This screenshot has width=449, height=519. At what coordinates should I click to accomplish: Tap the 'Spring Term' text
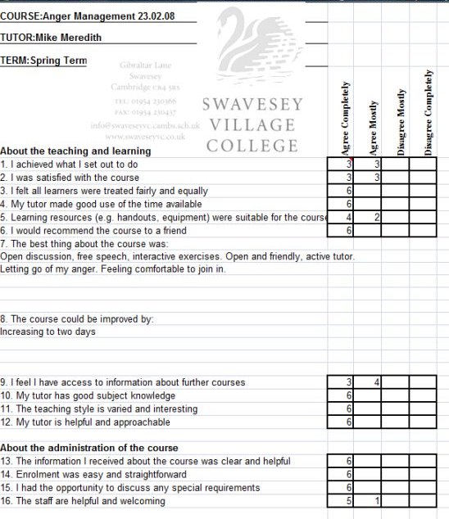(x=58, y=60)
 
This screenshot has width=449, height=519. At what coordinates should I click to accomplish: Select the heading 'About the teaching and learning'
(x=75, y=151)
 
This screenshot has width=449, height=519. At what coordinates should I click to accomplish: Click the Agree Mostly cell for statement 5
(x=368, y=217)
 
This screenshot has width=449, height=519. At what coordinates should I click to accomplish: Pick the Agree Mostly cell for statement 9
(x=368, y=382)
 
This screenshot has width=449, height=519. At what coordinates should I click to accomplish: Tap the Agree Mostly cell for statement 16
(x=368, y=501)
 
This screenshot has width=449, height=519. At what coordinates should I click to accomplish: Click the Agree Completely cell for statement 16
(x=341, y=501)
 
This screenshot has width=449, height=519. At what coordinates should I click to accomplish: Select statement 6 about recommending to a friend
(x=93, y=231)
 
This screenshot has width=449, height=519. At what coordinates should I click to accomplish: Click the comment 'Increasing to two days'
(x=48, y=332)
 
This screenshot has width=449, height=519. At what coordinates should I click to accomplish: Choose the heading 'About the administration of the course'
(x=89, y=448)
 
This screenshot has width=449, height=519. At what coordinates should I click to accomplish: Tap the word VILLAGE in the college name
(x=252, y=125)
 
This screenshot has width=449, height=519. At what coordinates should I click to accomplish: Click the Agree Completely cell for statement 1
(x=341, y=165)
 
